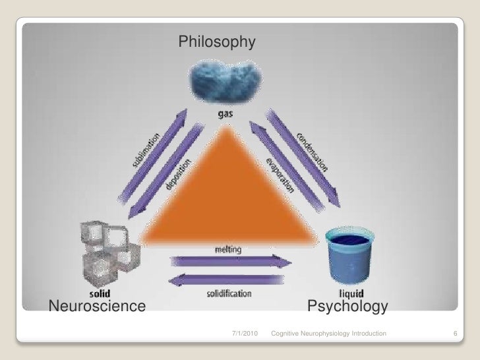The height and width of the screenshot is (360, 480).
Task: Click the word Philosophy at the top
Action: (x=216, y=44)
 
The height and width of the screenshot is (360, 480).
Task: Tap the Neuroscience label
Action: (x=96, y=306)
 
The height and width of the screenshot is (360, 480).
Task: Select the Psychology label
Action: (x=347, y=307)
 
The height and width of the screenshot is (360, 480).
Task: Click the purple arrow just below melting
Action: (x=231, y=262)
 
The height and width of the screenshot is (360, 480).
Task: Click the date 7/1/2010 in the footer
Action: (x=247, y=336)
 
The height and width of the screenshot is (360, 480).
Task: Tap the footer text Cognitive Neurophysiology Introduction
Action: (x=328, y=336)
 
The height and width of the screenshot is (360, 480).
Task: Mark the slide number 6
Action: (x=455, y=336)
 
